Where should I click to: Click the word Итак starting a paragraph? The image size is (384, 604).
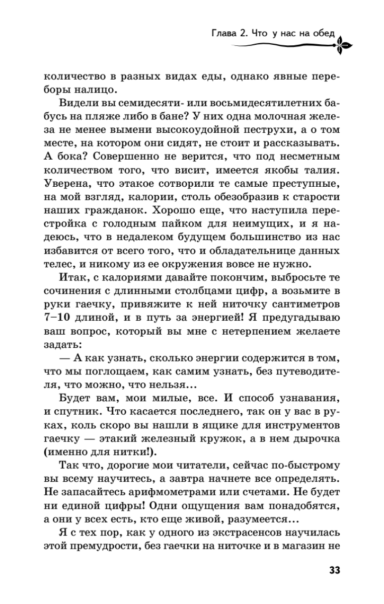tap(74, 278)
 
